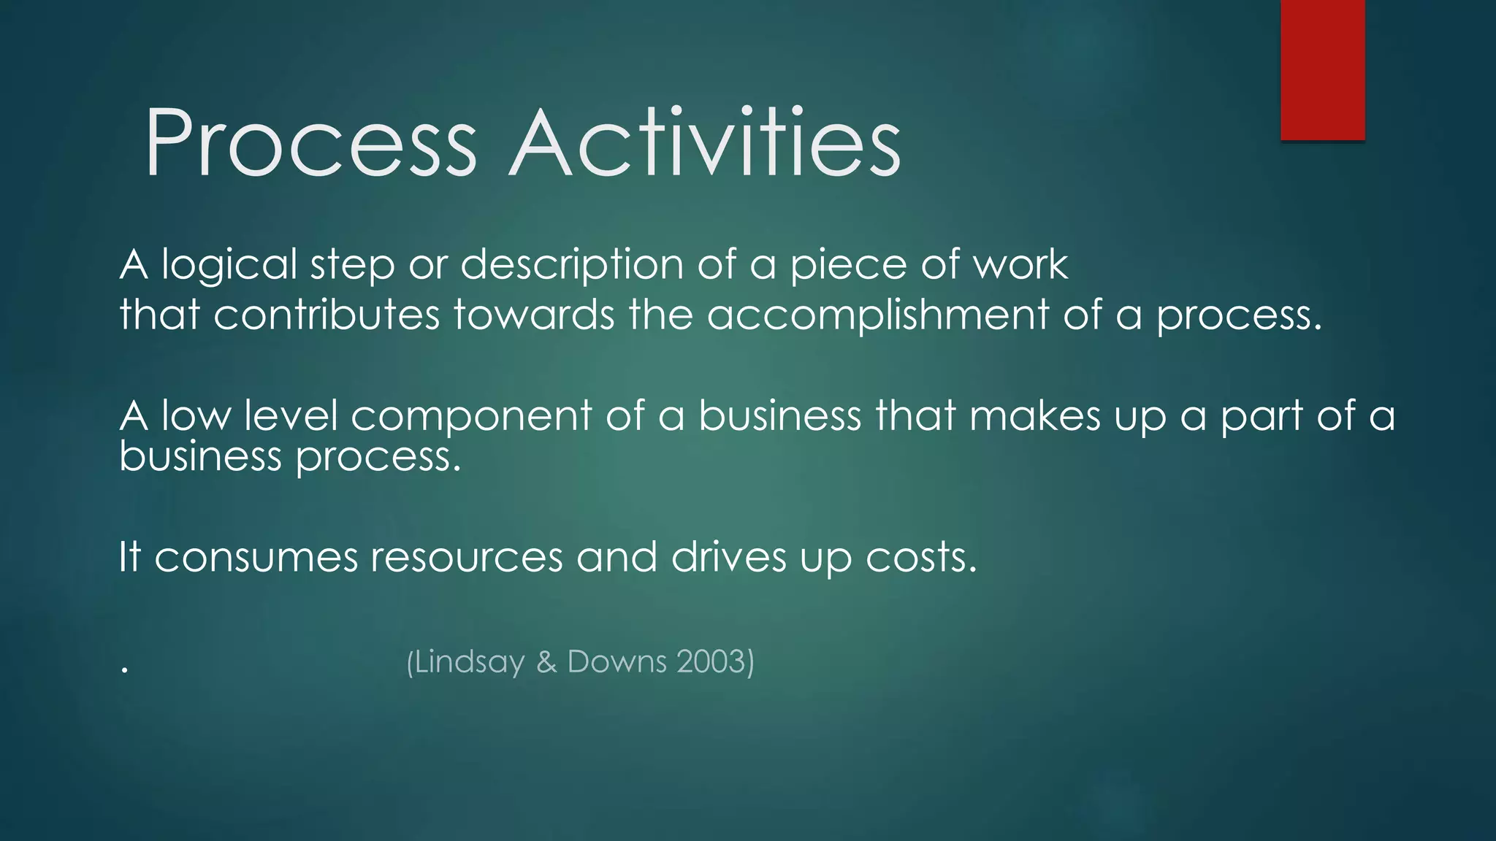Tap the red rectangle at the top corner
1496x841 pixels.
tap(1322, 69)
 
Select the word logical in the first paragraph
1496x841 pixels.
tap(229, 264)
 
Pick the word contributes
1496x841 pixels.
tap(326, 315)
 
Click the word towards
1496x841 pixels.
tap(534, 315)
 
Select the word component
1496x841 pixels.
tap(471, 416)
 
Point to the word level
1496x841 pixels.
tap(291, 416)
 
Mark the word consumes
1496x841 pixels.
tap(256, 558)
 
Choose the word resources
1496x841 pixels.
tap(467, 558)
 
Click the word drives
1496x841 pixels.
tap(728, 558)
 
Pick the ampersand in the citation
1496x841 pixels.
tap(546, 662)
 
